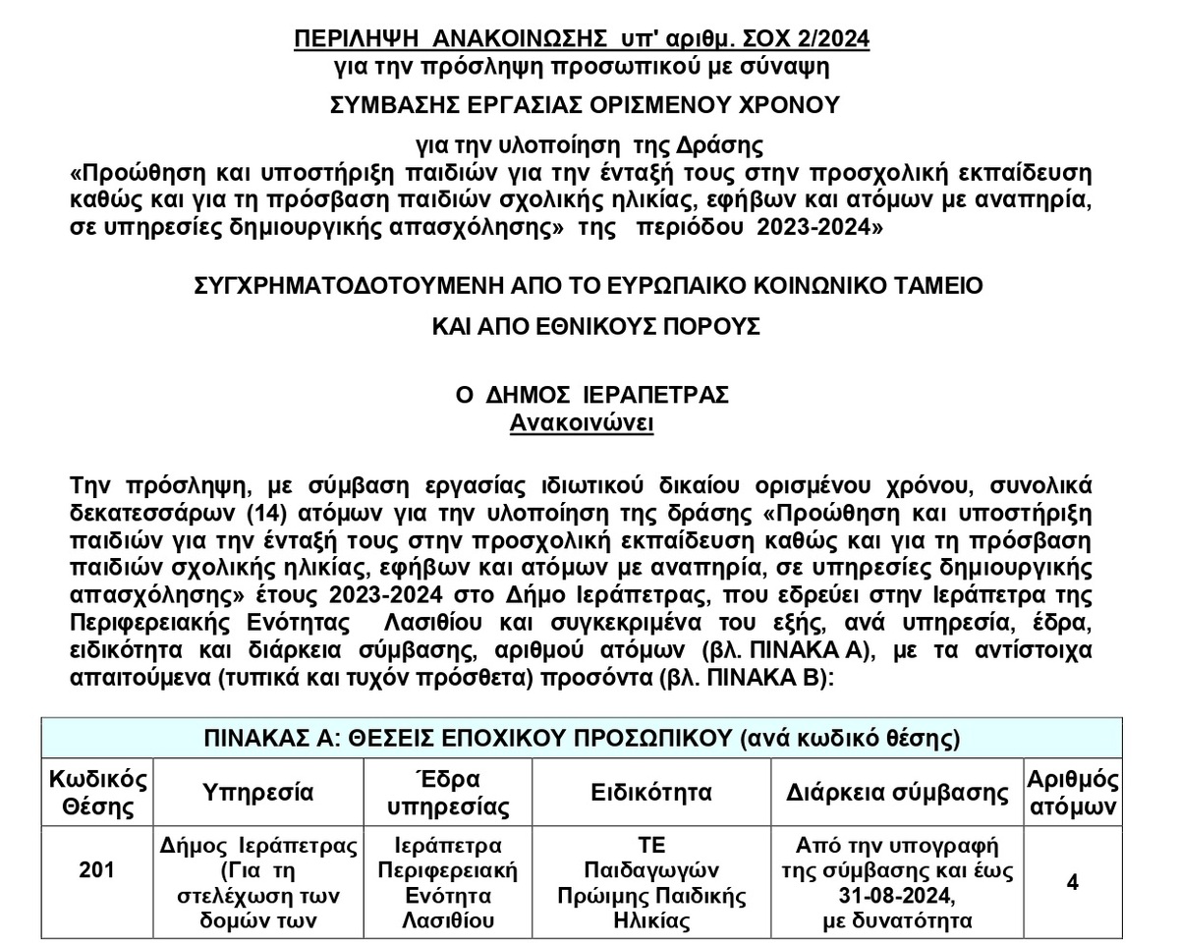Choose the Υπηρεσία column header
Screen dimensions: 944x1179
pos(258,793)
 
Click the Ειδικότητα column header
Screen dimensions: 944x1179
pos(651,793)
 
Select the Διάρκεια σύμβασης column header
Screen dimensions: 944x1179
pos(898,793)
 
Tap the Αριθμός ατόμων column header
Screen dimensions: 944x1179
pos(1072,794)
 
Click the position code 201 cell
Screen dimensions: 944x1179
pos(96,870)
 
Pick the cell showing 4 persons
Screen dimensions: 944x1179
pos(1072,881)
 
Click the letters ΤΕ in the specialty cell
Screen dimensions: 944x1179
pos(651,845)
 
